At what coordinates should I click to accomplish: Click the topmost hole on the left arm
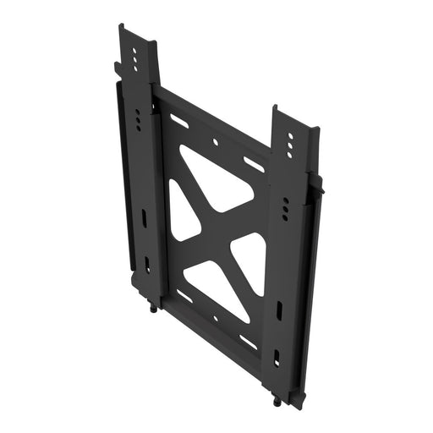[135, 49]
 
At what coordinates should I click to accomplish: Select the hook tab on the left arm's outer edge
[112, 67]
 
